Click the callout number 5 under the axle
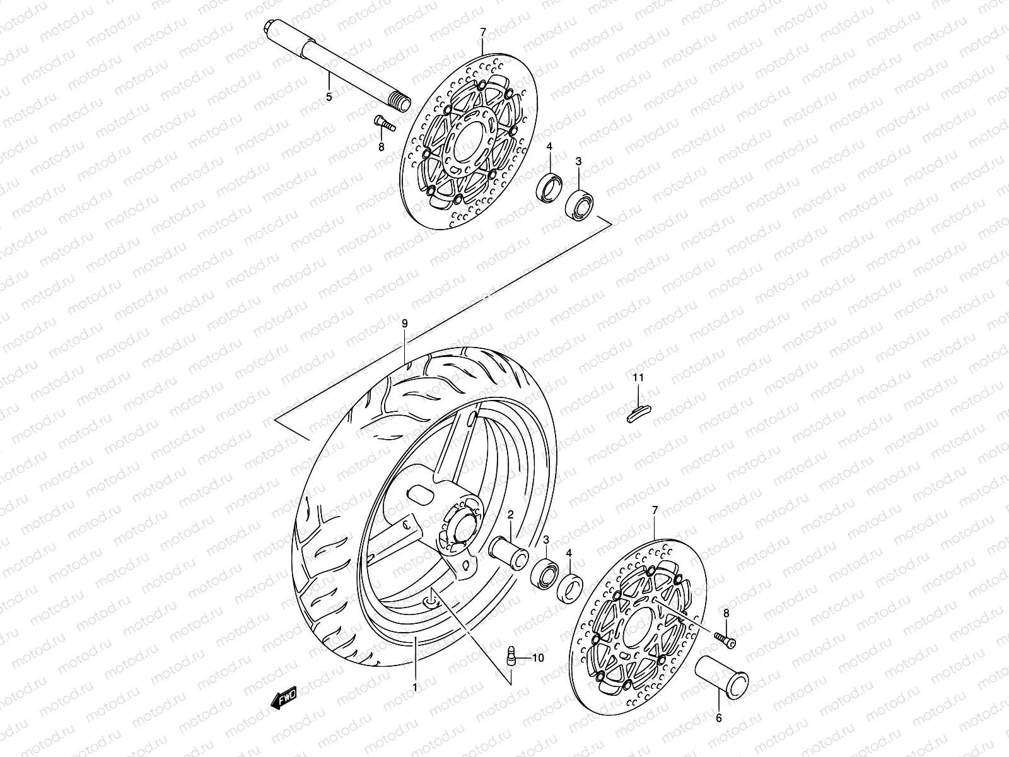click(329, 97)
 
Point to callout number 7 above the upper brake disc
click(483, 31)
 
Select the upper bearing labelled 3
click(578, 204)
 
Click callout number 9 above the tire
click(405, 323)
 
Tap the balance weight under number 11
click(639, 413)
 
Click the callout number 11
click(638, 378)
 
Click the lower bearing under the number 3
click(544, 570)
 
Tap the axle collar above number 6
click(721, 681)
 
